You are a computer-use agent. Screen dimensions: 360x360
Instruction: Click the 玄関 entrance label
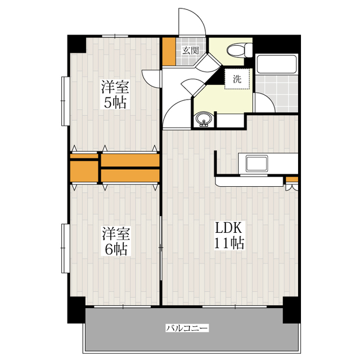pos(190,50)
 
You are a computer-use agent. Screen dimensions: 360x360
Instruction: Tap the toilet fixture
pos(239,49)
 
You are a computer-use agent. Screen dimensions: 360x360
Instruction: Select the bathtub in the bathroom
pos(277,64)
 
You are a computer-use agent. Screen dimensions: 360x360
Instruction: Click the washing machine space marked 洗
pos(237,79)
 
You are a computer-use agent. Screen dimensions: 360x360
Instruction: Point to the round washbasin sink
pos(204,119)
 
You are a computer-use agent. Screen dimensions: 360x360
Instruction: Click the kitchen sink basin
pos(256,163)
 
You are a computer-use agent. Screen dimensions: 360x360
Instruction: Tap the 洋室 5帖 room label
pos(115,94)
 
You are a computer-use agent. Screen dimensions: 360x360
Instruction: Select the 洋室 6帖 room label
pos(116,241)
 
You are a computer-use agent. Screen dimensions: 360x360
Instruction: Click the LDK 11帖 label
pos(229,235)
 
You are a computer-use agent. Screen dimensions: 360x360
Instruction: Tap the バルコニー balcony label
pos(187,328)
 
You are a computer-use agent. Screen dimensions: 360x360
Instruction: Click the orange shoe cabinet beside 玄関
pos(169,51)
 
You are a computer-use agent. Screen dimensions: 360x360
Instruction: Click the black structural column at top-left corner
pos(76,44)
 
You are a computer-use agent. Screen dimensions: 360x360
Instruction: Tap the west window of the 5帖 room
pos(65,101)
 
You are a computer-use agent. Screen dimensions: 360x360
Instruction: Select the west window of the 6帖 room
pos(65,249)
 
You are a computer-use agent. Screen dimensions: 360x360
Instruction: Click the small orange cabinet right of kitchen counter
pos(292,179)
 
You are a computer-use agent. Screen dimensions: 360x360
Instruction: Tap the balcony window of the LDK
pos(235,307)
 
